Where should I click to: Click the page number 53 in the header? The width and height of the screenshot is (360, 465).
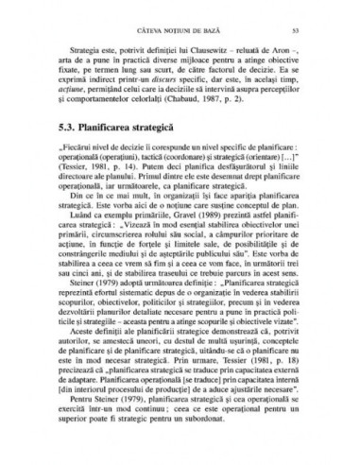[320, 19]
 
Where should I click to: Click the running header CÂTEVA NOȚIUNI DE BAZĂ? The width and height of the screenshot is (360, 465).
[180, 19]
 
